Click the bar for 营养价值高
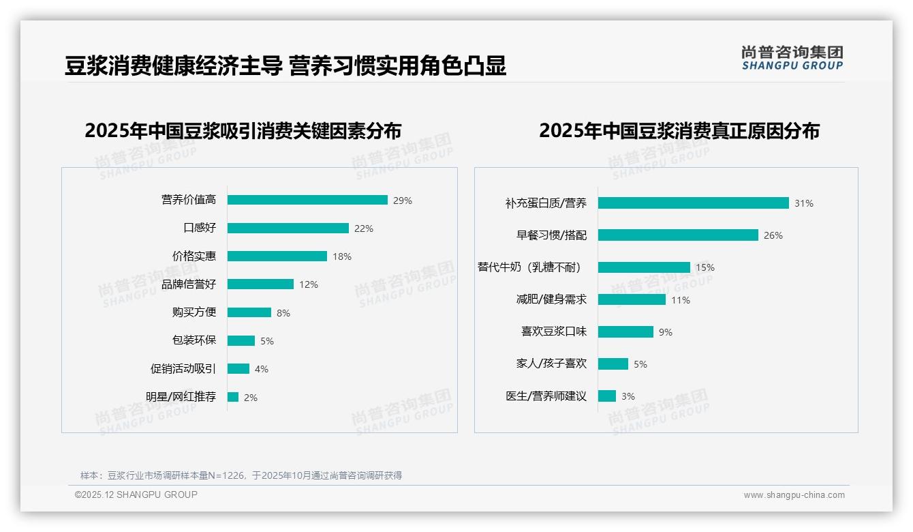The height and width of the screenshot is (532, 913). [307, 200]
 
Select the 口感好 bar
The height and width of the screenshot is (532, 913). [288, 228]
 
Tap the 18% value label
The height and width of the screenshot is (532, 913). [342, 256]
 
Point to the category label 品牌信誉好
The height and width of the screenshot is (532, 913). [189, 284]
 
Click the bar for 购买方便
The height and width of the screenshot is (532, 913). [249, 312]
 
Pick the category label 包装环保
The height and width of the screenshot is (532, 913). [194, 340]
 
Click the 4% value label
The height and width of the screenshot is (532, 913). [262, 369]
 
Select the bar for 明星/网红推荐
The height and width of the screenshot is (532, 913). [233, 397]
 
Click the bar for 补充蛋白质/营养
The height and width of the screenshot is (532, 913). [693, 203]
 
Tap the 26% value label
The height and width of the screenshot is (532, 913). [773, 235]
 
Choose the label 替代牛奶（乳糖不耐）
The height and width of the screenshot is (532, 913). [530, 267]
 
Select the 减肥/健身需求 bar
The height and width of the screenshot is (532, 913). [632, 299]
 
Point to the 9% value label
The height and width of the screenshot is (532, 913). [666, 332]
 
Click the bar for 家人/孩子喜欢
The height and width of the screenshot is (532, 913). [613, 364]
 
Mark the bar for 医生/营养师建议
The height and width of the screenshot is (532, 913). [606, 396]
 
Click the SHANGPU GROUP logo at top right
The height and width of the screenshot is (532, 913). [792, 57]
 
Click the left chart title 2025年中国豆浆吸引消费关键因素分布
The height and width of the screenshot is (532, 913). [243, 130]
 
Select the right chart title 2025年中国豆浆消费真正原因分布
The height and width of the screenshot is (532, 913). [679, 130]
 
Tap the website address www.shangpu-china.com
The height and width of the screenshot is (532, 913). [794, 495]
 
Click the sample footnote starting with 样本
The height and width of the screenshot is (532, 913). [241, 475]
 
